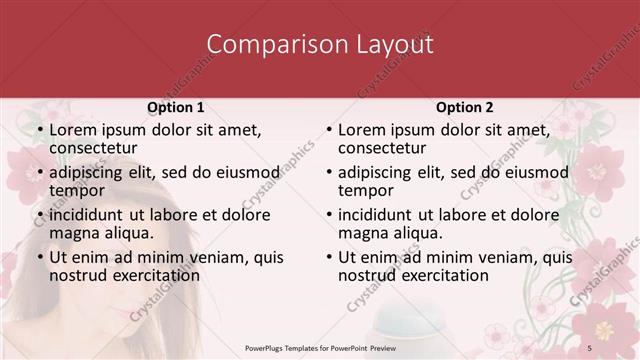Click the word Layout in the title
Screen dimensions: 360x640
(395, 45)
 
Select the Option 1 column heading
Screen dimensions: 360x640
(176, 107)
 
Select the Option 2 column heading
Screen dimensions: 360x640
(465, 107)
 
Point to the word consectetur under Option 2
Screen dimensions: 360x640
(382, 149)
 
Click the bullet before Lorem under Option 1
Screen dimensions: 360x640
(39, 131)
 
